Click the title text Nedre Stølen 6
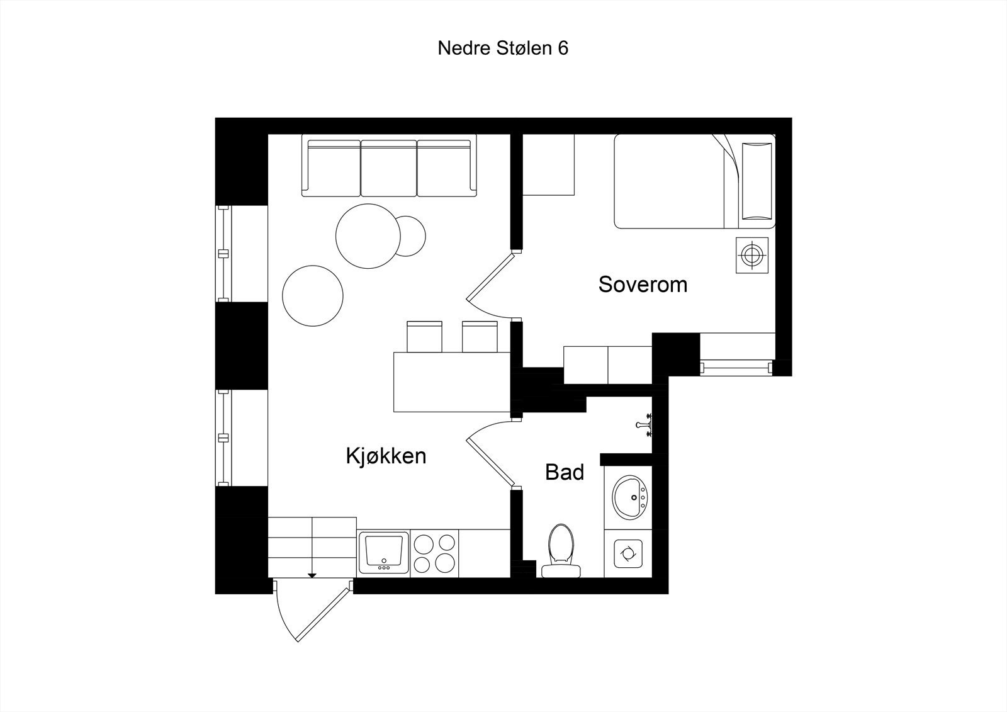pyautogui.click(x=503, y=48)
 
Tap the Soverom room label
pyautogui.click(x=642, y=285)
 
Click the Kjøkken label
pyautogui.click(x=386, y=456)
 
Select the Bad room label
pyautogui.click(x=565, y=472)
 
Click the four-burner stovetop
pyautogui.click(x=434, y=553)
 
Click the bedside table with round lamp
pyautogui.click(x=752, y=255)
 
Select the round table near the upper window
pyautogui.click(x=368, y=236)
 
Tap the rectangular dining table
pyautogui.click(x=451, y=381)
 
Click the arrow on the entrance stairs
pyautogui.click(x=312, y=575)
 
